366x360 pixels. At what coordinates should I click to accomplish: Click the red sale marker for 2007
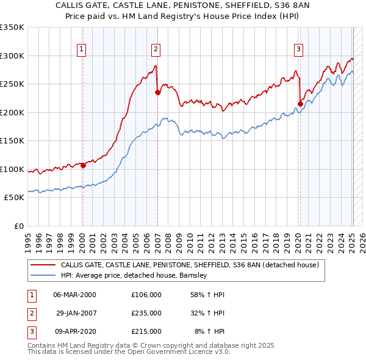[157, 93]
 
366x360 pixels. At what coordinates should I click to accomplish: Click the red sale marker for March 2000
[84, 165]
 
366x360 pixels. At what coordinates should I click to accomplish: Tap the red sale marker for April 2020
[300, 104]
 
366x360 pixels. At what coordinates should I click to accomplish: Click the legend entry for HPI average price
[134, 275]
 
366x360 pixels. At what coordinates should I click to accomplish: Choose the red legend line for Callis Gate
[43, 265]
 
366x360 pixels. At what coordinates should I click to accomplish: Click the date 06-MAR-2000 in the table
[74, 295]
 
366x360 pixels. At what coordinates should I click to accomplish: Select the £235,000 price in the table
[146, 313]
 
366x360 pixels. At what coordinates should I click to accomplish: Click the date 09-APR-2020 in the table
[74, 331]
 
